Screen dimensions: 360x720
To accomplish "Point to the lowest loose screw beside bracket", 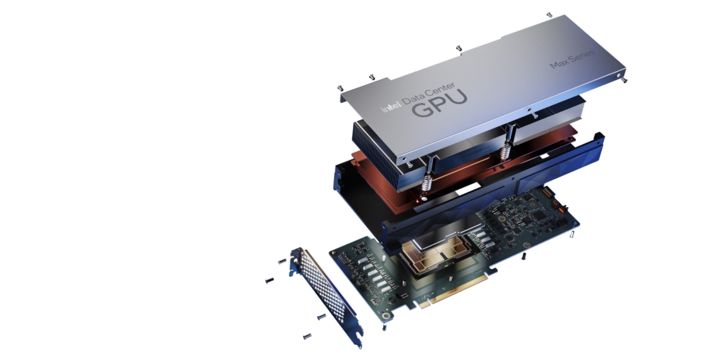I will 308,335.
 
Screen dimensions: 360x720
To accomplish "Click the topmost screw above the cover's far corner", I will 549,13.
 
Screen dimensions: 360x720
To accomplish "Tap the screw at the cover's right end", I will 625,80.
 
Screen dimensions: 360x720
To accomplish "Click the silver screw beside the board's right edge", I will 571,234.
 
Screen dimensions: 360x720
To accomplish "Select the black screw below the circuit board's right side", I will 524,256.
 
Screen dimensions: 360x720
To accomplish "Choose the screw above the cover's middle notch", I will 459,48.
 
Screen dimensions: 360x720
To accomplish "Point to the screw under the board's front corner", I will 384,327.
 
